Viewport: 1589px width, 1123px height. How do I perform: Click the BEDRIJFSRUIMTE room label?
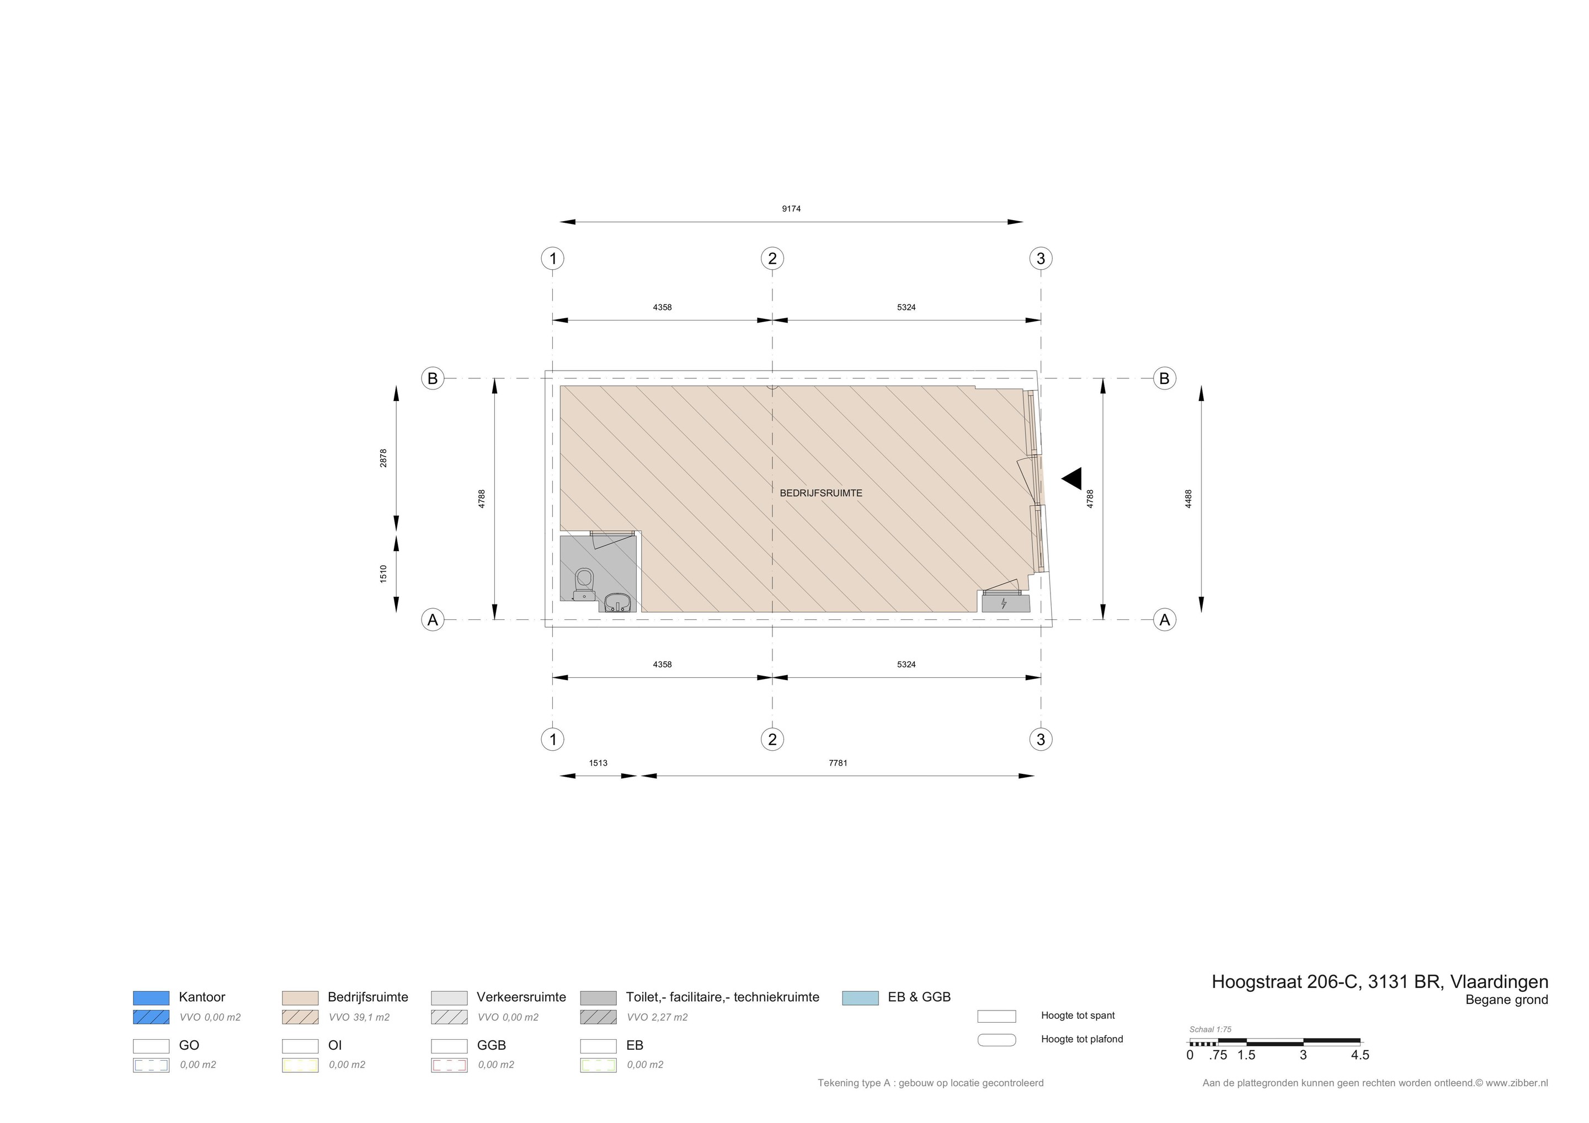click(x=821, y=493)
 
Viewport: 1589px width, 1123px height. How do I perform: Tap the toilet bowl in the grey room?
click(x=584, y=584)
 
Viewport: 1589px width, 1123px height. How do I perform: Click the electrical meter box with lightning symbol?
click(x=1005, y=603)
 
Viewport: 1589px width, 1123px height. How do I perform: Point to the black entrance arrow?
click(x=1072, y=479)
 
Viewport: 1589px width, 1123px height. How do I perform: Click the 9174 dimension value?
click(x=791, y=208)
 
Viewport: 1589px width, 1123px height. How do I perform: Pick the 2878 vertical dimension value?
click(x=383, y=458)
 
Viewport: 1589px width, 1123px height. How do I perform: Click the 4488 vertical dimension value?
click(x=1188, y=499)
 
